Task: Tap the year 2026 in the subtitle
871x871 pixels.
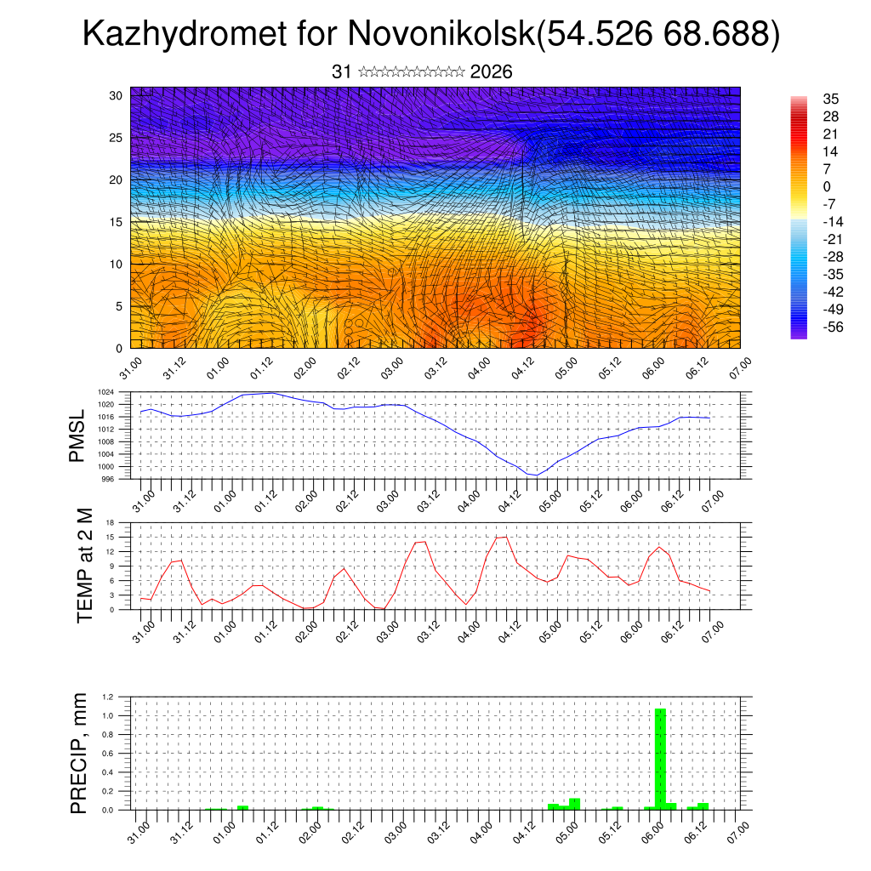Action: click(491, 72)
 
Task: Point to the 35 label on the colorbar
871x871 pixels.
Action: click(831, 99)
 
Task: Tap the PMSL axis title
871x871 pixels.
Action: click(77, 435)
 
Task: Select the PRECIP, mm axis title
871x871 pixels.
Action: click(79, 754)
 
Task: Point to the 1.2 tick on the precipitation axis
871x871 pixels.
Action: click(108, 697)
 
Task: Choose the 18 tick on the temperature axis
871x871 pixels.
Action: click(110, 523)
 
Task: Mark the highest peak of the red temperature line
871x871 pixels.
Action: click(502, 536)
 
